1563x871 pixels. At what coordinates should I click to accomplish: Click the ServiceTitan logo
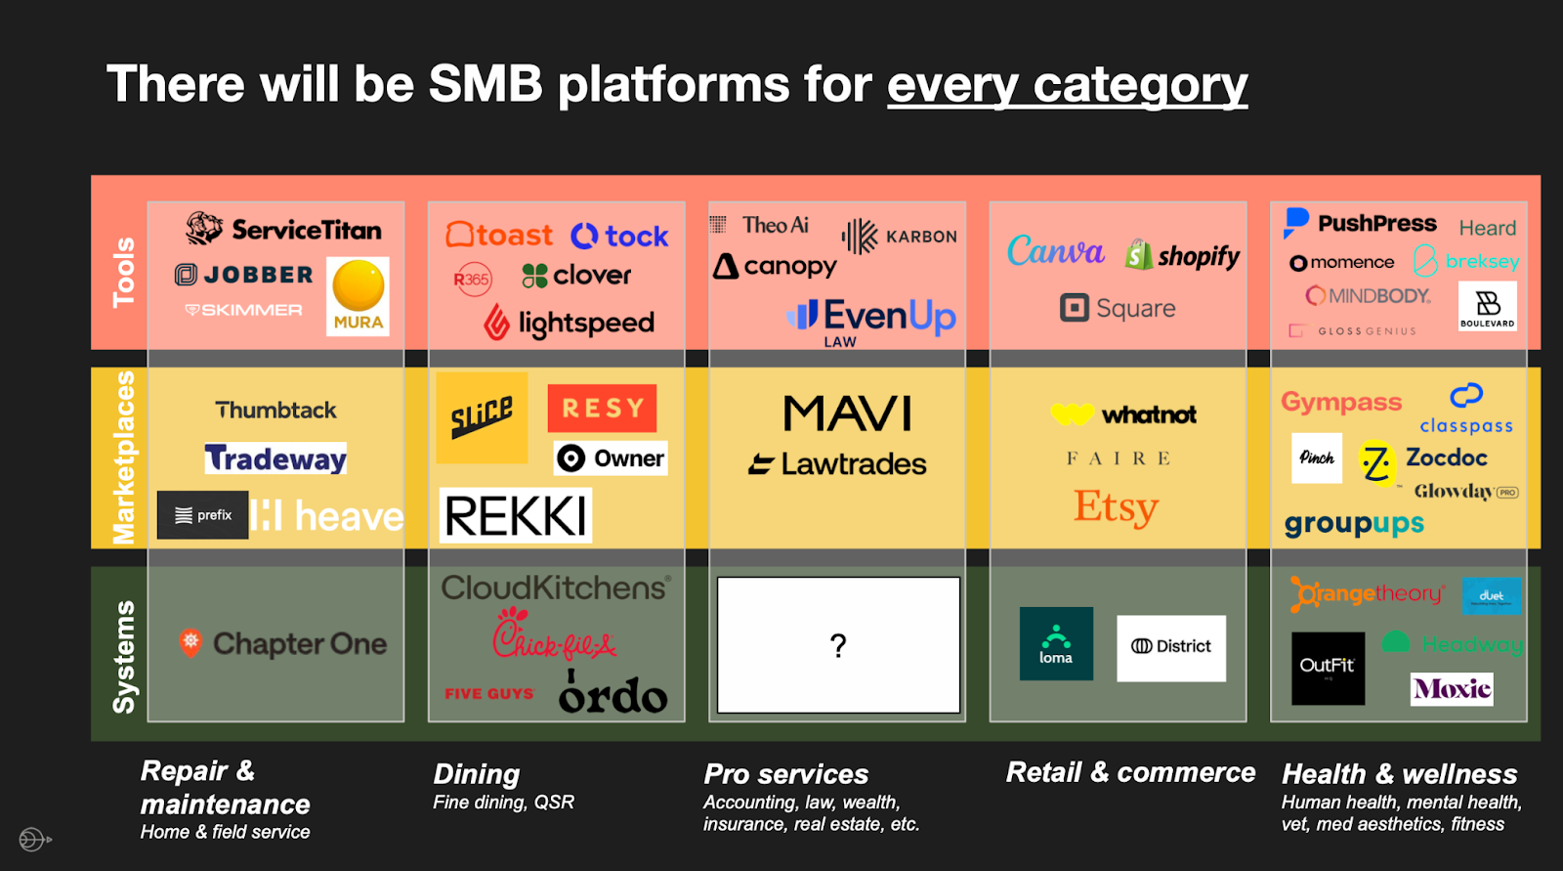pos(283,230)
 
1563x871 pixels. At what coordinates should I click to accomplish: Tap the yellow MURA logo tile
pos(358,295)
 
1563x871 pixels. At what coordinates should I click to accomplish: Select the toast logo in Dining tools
pos(499,236)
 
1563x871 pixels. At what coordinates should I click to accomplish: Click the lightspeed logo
pos(570,322)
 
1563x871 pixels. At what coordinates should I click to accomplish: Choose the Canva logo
pos(1055,252)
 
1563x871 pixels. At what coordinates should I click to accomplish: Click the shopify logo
pos(1182,256)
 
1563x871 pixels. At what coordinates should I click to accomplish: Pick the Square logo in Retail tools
pos(1118,309)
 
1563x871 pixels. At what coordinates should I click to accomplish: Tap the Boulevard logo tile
pos(1487,306)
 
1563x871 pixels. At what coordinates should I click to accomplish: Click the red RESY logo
pos(602,408)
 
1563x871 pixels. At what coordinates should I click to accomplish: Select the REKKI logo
pos(516,516)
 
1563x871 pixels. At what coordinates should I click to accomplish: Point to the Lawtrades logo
pos(837,464)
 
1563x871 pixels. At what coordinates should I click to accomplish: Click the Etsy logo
pos(1116,507)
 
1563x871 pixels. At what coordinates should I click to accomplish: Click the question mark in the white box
pos(838,645)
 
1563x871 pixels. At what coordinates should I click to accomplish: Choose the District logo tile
pos(1170,647)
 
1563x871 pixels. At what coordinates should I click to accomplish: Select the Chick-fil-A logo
pos(554,635)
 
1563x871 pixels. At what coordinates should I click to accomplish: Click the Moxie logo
pos(1452,689)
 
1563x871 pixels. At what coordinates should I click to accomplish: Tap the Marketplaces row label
pos(124,457)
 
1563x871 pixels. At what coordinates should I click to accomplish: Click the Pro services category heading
pos(786,774)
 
